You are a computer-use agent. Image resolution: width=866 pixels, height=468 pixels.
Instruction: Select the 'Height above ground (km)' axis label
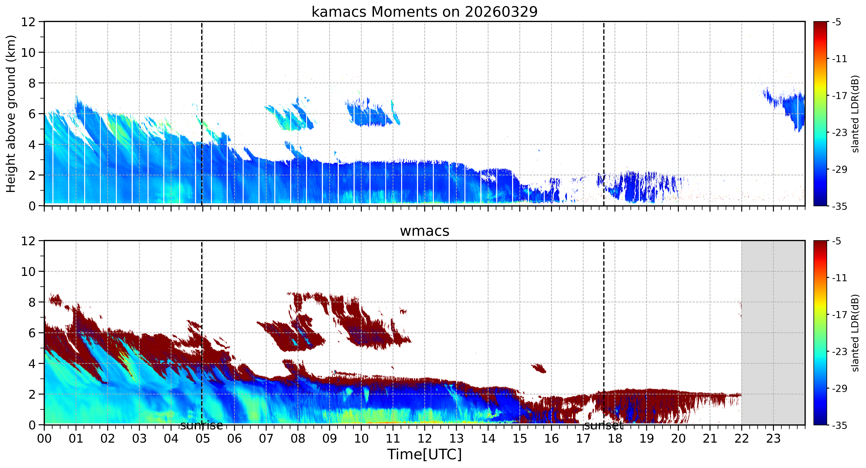11,114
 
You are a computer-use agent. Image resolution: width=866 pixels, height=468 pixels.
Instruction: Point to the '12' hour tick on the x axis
425,438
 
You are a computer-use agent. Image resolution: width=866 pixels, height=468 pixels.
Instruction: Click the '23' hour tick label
773,438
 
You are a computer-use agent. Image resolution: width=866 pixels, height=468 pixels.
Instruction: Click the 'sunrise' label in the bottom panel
201,426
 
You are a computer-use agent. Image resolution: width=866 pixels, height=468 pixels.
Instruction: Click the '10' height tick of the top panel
29,52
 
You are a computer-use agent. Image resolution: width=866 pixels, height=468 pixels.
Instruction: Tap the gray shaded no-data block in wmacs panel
773,333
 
